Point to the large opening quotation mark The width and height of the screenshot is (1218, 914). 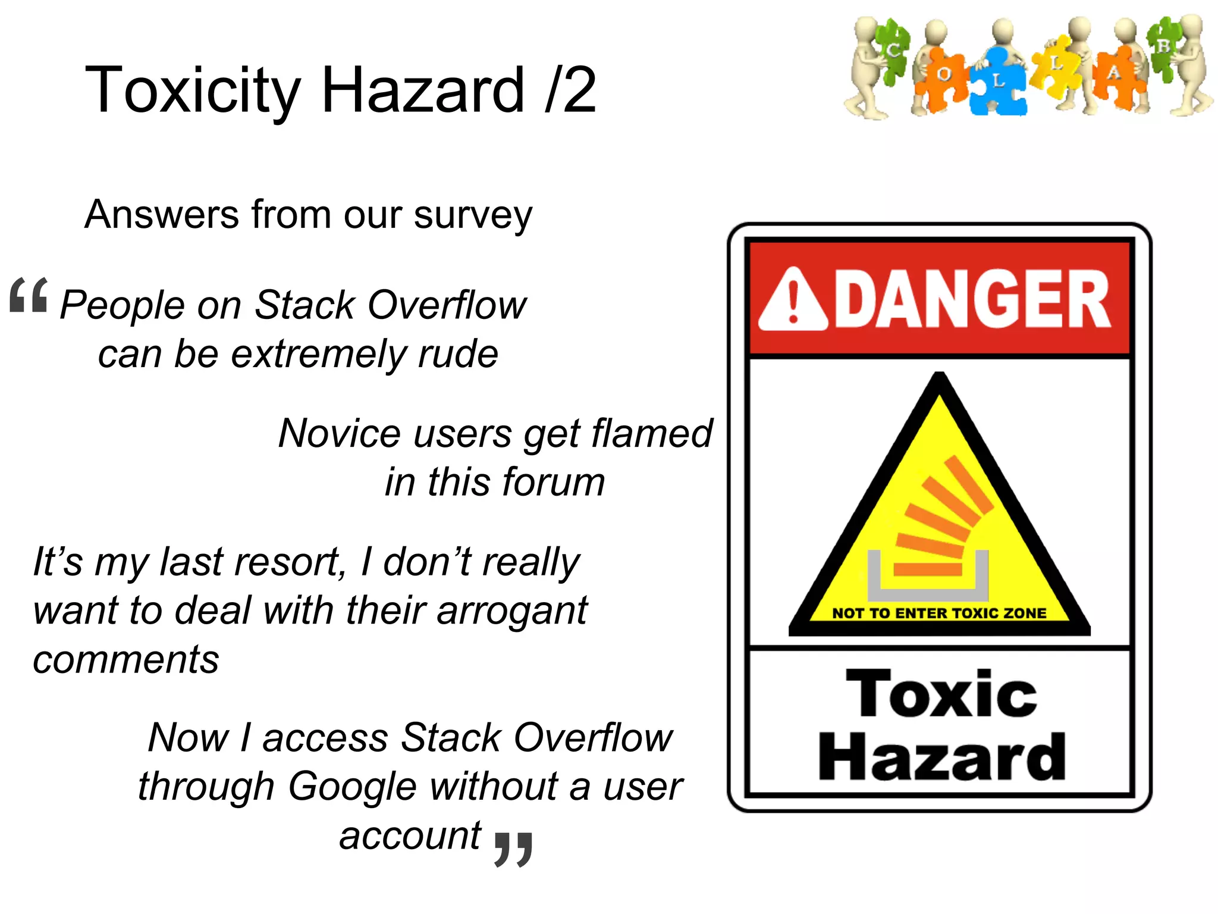(28, 295)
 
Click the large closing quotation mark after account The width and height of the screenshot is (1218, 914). (513, 848)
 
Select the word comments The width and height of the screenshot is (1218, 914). (126, 659)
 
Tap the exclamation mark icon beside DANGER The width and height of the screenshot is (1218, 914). (793, 301)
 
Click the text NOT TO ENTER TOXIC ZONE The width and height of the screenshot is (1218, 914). (939, 613)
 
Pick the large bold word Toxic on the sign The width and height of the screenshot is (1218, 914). (941, 694)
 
